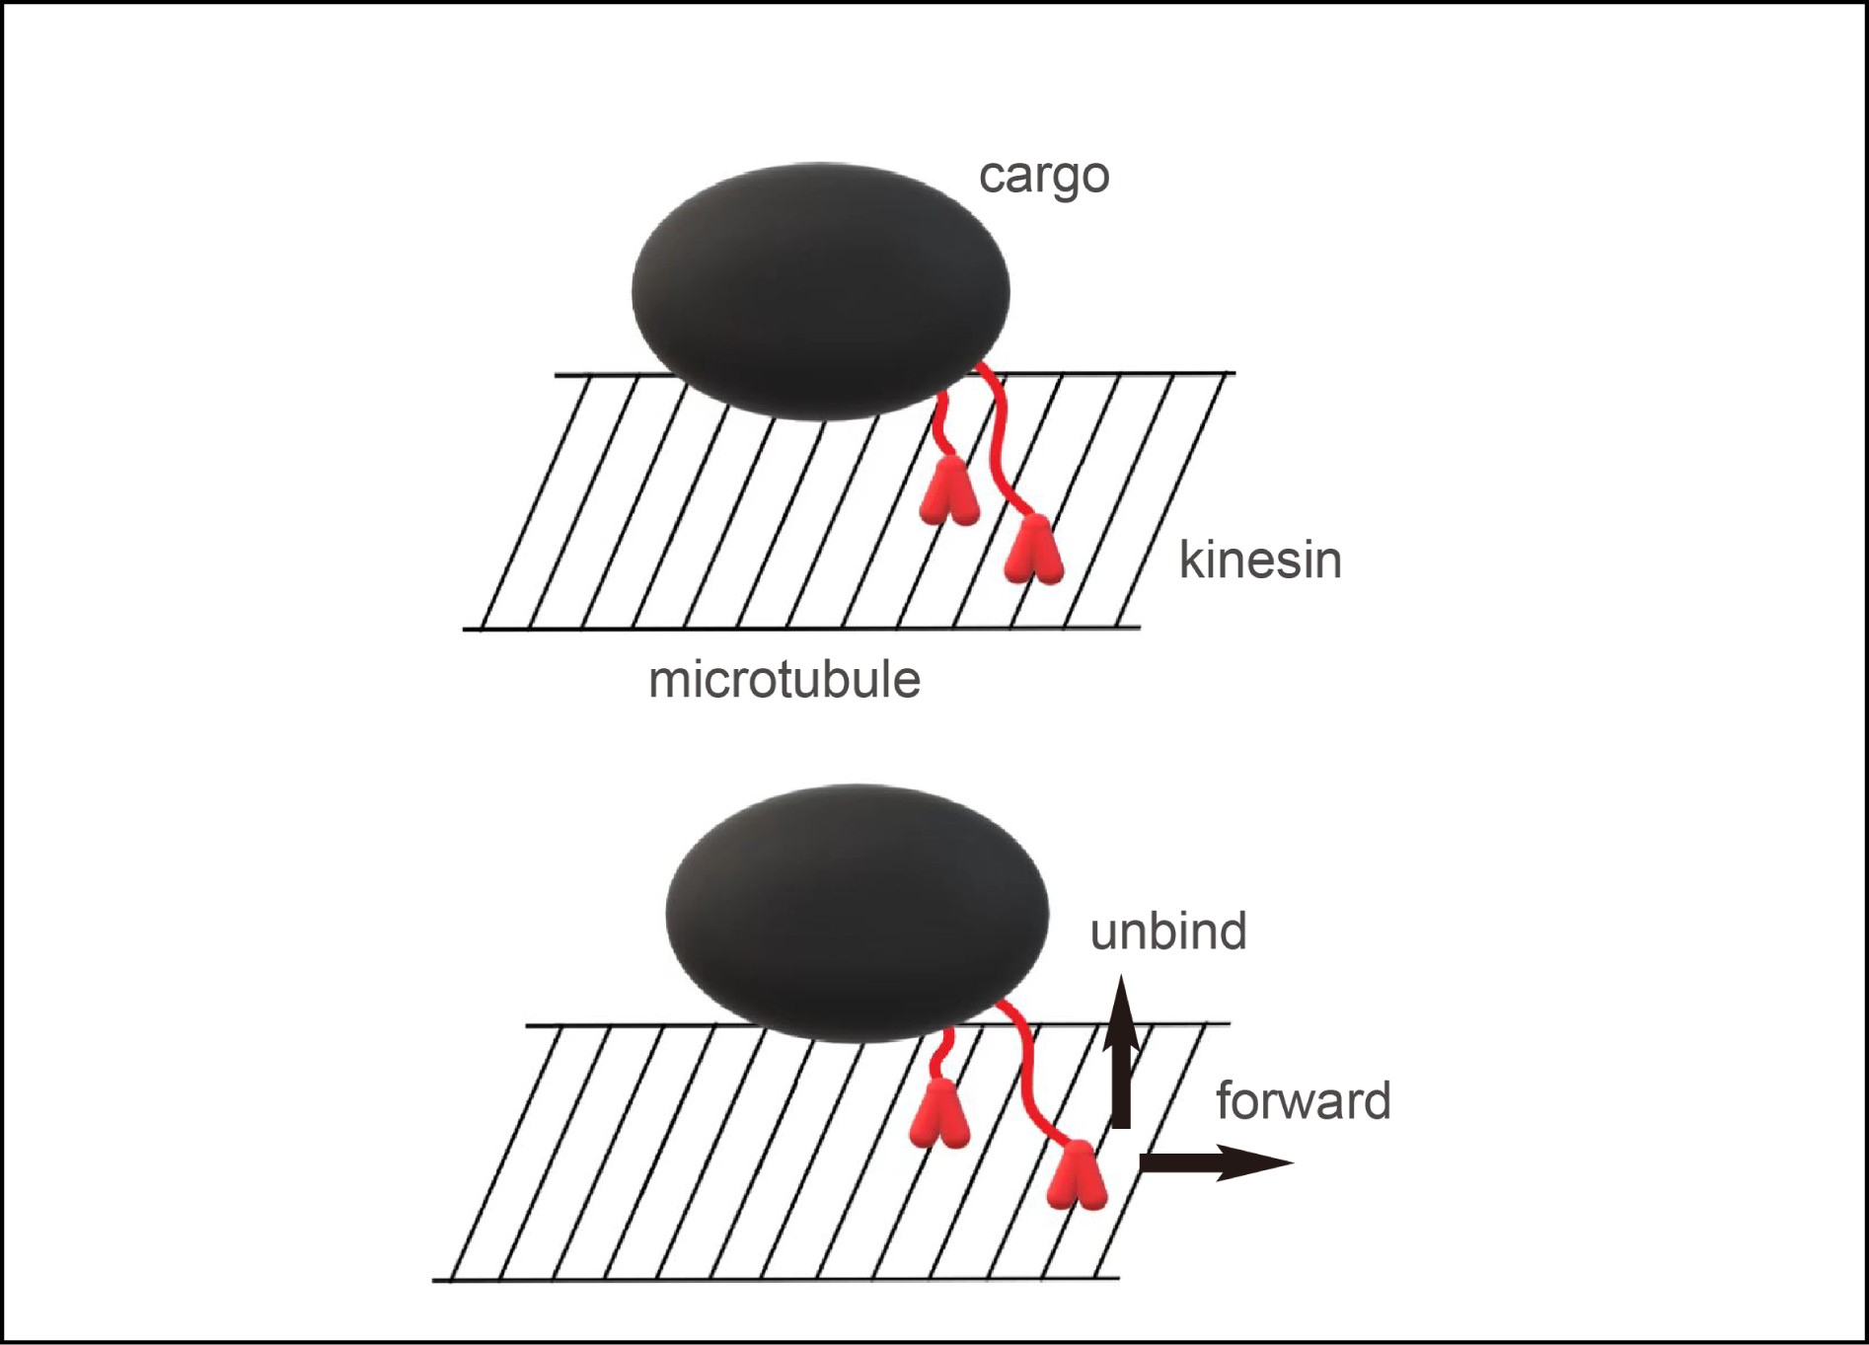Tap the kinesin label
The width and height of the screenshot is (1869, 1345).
click(1260, 560)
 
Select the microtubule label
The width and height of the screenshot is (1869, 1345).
click(785, 680)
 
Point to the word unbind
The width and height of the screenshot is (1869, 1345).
click(1168, 932)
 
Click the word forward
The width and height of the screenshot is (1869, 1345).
click(1304, 1100)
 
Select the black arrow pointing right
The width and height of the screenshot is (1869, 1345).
click(1214, 1162)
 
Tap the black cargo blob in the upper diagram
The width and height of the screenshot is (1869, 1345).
click(820, 291)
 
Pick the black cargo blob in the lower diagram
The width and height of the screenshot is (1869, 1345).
click(857, 913)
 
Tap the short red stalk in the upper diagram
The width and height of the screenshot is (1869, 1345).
click(942, 424)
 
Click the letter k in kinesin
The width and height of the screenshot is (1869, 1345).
click(1189, 560)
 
